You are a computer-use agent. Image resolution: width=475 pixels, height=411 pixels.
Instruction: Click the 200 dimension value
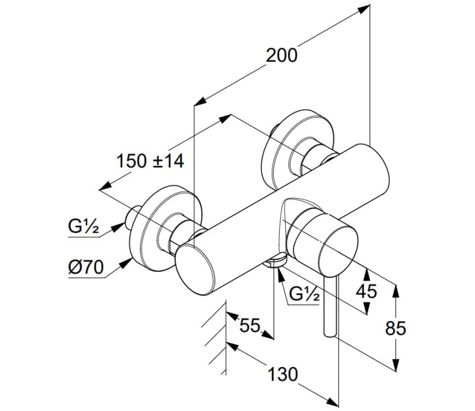(x=281, y=55)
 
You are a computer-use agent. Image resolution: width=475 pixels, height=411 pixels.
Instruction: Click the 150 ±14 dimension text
(x=150, y=161)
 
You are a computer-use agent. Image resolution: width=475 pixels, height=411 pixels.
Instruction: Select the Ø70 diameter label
(x=85, y=268)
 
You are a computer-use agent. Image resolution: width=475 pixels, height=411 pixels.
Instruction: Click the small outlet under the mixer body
(x=275, y=261)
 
